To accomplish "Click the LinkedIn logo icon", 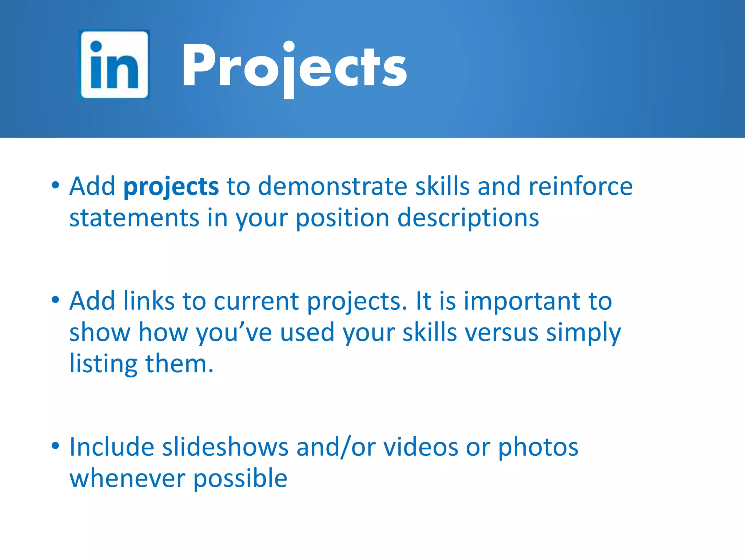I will (114, 64).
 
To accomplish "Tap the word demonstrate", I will (333, 186).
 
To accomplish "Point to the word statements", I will (134, 218).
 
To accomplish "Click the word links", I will (149, 301).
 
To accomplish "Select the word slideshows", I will (225, 447).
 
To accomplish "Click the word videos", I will (421, 447).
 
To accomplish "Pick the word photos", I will (538, 448).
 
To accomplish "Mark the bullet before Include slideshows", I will (55, 445).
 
